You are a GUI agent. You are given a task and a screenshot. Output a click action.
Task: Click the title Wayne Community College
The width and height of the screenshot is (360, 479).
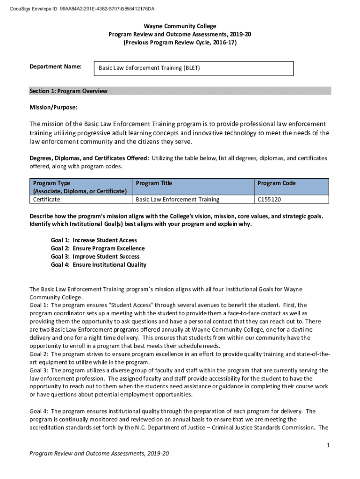tap(180, 26)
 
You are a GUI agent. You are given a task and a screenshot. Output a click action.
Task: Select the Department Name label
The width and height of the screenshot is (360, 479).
tap(56, 67)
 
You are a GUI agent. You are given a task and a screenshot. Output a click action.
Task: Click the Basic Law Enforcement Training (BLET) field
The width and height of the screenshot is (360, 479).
tap(194, 68)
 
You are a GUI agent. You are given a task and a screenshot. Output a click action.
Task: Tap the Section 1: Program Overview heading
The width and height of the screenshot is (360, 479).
tap(68, 91)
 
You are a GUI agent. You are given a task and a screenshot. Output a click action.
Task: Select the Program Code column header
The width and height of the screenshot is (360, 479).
tap(277, 183)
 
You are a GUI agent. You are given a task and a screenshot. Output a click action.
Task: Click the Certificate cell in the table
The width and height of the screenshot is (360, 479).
tap(46, 199)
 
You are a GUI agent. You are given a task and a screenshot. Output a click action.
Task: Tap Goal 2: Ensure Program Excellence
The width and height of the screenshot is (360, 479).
tap(98, 248)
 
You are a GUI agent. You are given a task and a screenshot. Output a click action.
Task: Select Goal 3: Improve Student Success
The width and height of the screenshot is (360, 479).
tap(95, 256)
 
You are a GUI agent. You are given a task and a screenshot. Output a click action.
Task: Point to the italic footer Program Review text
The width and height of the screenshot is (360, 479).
tap(99, 453)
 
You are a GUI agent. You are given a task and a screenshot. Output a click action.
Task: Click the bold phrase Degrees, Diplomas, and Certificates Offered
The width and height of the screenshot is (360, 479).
tap(89, 158)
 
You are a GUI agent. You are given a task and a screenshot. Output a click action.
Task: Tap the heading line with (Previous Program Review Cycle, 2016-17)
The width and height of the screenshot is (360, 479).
tap(180, 42)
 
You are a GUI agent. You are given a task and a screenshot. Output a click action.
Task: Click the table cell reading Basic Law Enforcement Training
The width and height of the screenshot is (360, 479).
tap(177, 199)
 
